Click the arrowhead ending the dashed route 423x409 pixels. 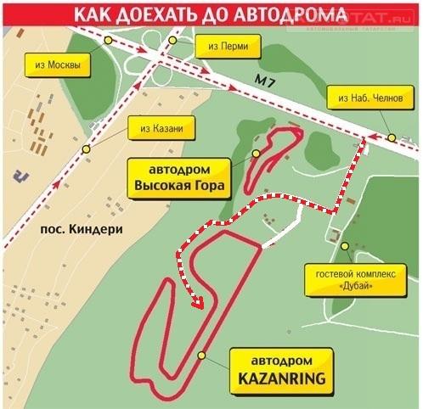pyautogui.click(x=200, y=302)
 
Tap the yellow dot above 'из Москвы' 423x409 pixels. pyautogui.click(x=108, y=41)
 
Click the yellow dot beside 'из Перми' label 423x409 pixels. pyautogui.click(x=172, y=41)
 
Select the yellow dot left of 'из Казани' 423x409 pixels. pyautogui.click(x=85, y=148)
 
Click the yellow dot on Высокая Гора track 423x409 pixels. pyautogui.click(x=255, y=153)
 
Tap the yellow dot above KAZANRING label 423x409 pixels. pyautogui.click(x=201, y=356)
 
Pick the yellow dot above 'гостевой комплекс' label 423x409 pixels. pyautogui.click(x=347, y=246)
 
